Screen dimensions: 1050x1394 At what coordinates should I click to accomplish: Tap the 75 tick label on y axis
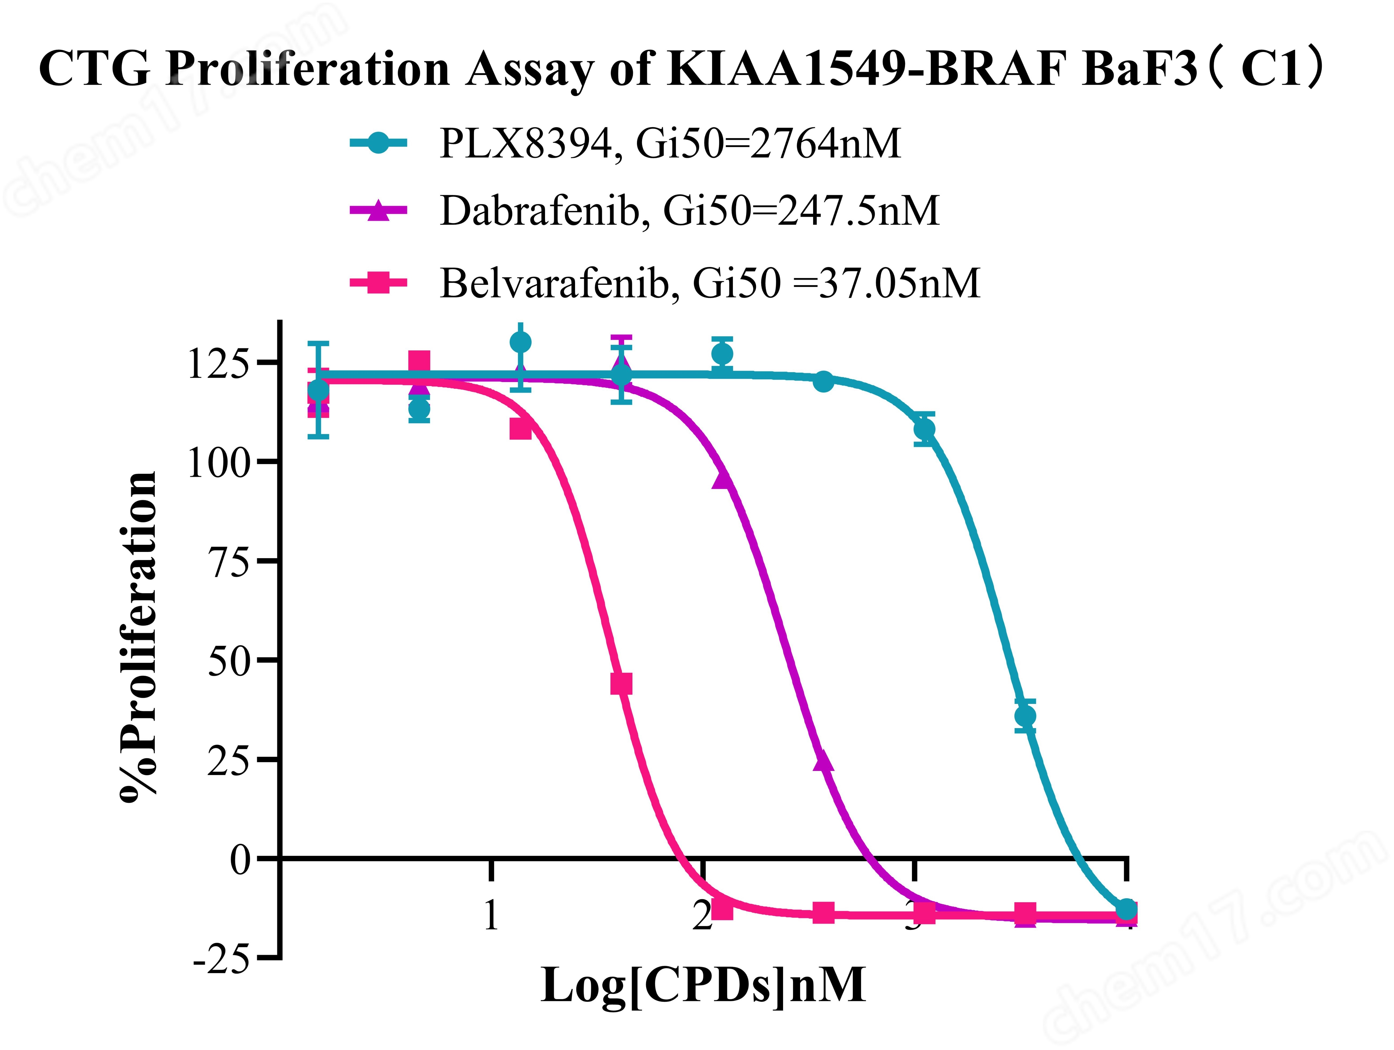(x=229, y=562)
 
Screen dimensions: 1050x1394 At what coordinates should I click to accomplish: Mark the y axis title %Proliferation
(x=137, y=637)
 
